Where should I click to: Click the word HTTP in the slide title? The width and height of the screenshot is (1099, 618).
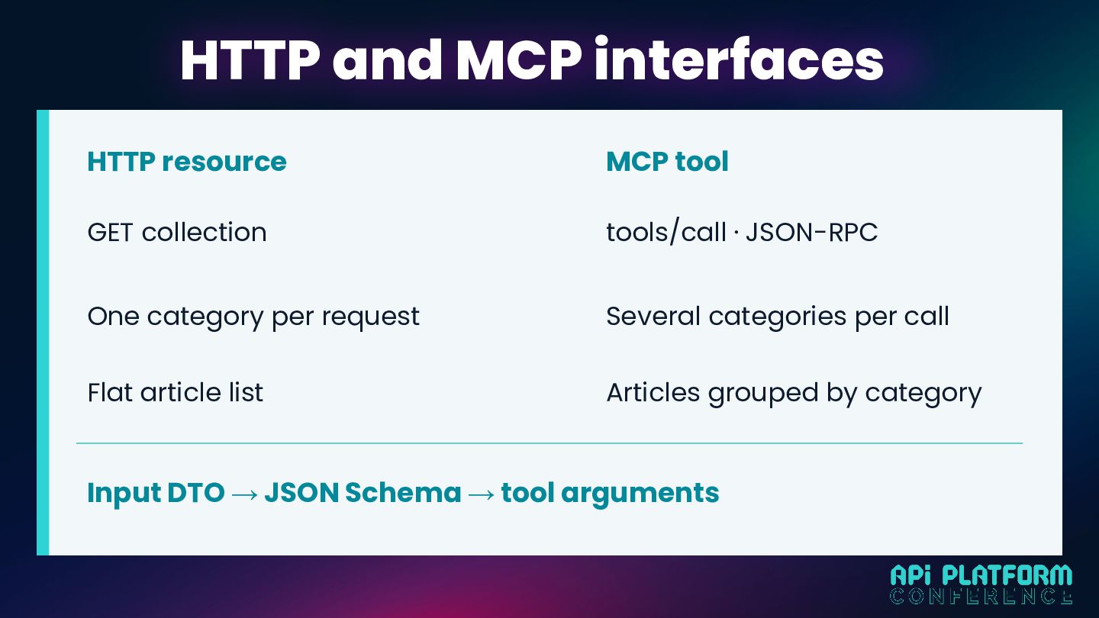point(250,60)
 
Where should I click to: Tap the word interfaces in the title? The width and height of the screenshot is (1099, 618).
point(739,59)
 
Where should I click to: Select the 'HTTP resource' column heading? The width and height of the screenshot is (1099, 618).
point(187,162)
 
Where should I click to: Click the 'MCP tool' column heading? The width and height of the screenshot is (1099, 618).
point(667,162)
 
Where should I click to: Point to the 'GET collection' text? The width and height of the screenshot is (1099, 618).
point(177,232)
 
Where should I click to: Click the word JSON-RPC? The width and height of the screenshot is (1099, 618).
point(811,232)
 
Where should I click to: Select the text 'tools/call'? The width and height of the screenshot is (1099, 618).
point(666,232)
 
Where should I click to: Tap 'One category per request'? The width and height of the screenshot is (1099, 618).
point(253,317)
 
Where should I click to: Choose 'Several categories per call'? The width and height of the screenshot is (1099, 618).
point(778,317)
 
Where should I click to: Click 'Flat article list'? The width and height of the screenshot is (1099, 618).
point(176,392)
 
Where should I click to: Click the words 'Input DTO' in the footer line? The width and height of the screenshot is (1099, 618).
point(156,493)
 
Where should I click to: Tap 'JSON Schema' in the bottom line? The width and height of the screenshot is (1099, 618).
point(363,492)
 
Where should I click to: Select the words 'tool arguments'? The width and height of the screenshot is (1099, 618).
point(611,494)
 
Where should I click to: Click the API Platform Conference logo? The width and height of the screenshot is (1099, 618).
point(981,584)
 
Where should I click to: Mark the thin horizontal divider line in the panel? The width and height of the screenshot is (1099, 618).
point(549,443)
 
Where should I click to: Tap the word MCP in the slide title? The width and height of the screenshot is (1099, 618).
point(519,60)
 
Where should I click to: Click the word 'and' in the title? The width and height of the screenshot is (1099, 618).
point(388,60)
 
